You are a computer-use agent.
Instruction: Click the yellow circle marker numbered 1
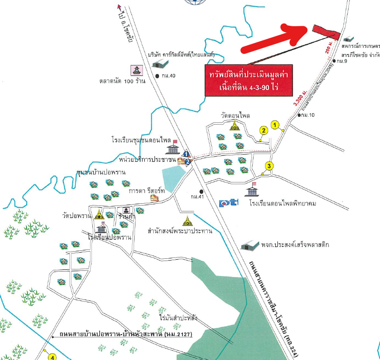click(275, 125)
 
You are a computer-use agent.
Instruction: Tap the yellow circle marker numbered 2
click(264, 131)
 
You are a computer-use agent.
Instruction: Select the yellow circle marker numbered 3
click(269, 166)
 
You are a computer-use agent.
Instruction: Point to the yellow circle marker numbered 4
click(52, 356)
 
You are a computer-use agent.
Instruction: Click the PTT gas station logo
click(229, 203)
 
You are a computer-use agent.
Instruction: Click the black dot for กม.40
click(158, 76)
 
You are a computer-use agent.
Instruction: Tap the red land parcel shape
click(326, 31)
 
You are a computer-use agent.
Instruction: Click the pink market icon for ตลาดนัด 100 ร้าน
click(135, 70)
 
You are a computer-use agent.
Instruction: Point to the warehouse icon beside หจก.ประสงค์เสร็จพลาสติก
click(248, 245)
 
